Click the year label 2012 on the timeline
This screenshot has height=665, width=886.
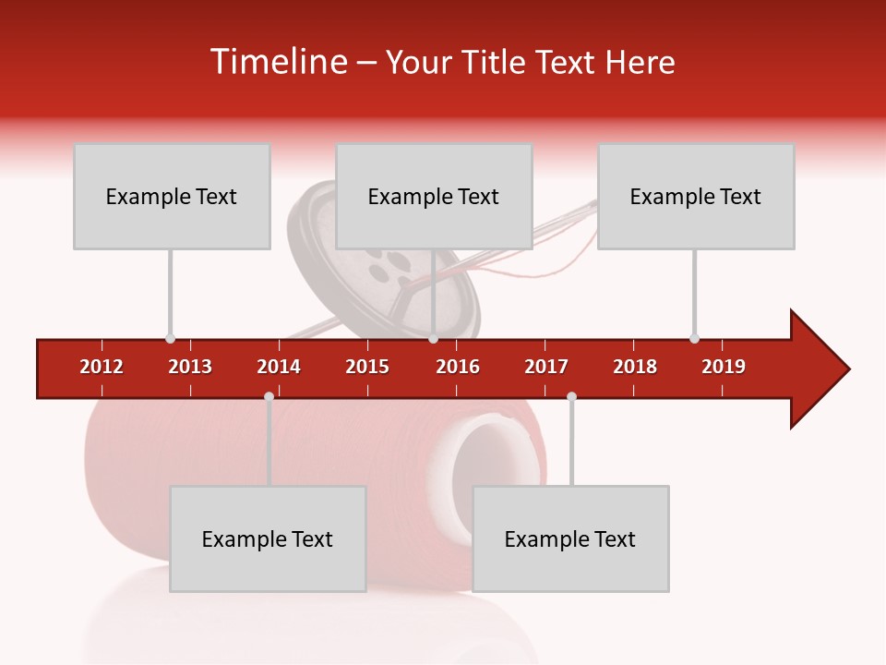[102, 367]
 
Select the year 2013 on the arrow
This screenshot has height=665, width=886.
[190, 367]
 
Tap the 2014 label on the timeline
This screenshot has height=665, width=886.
[279, 367]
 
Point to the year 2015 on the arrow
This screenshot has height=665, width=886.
[367, 367]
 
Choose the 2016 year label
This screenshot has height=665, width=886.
[458, 367]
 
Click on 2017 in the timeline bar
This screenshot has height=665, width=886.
[546, 367]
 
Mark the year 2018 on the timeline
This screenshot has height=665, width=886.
[635, 367]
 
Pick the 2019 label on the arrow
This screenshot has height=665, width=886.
[724, 367]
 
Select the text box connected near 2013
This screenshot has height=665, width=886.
[172, 196]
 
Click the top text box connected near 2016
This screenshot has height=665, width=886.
[434, 196]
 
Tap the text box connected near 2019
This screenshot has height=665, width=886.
[696, 196]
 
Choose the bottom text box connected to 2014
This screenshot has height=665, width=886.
[268, 538]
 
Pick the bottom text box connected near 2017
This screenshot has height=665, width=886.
[570, 538]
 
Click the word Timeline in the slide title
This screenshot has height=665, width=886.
[276, 62]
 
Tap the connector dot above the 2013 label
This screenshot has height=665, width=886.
[170, 338]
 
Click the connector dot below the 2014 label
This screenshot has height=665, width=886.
[269, 397]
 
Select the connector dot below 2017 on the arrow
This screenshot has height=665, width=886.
[571, 397]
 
